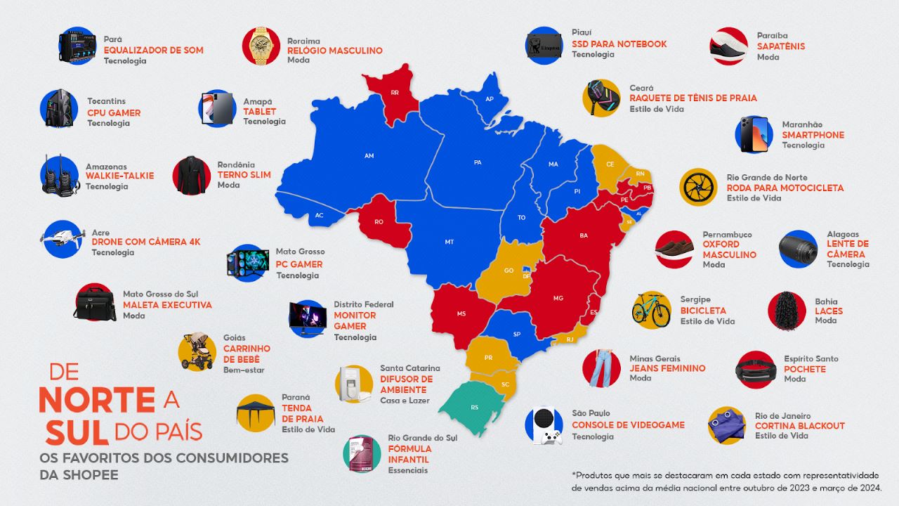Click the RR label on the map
pyautogui.click(x=395, y=92)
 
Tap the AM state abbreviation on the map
pyautogui.click(x=369, y=155)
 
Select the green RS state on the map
pyautogui.click(x=475, y=407)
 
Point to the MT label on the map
pyautogui.click(x=449, y=242)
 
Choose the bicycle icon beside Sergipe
pyautogui.click(x=651, y=310)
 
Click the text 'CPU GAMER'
pyautogui.click(x=114, y=112)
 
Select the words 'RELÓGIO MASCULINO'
pyautogui.click(x=335, y=51)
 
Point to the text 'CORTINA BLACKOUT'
pyautogui.click(x=799, y=426)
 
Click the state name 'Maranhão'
pyautogui.click(x=802, y=124)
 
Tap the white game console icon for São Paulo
pyautogui.click(x=544, y=426)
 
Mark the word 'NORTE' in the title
pyautogui.click(x=97, y=399)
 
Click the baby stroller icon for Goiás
pyautogui.click(x=197, y=351)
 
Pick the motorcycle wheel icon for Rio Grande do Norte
pyautogui.click(x=698, y=187)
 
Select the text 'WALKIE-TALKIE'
pyautogui.click(x=119, y=176)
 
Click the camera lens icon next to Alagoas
pyautogui.click(x=797, y=249)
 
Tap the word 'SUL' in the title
pyautogui.click(x=77, y=432)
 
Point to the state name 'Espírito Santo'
pyautogui.click(x=811, y=358)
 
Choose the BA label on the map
pyautogui.click(x=584, y=235)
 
